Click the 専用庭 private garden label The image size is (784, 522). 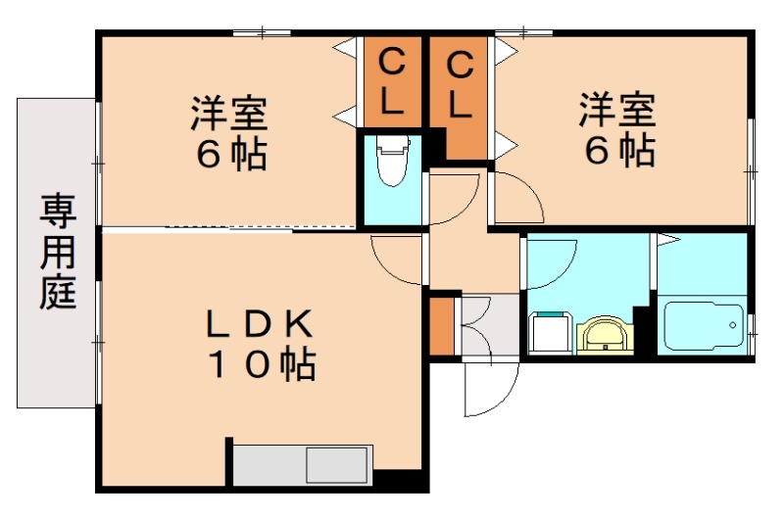tap(58, 252)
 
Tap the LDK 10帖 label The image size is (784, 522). tap(259, 343)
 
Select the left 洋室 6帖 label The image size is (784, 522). tap(229, 131)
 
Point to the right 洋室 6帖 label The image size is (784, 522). tap(616, 127)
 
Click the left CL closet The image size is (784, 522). tap(390, 83)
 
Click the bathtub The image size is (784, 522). tap(703, 326)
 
